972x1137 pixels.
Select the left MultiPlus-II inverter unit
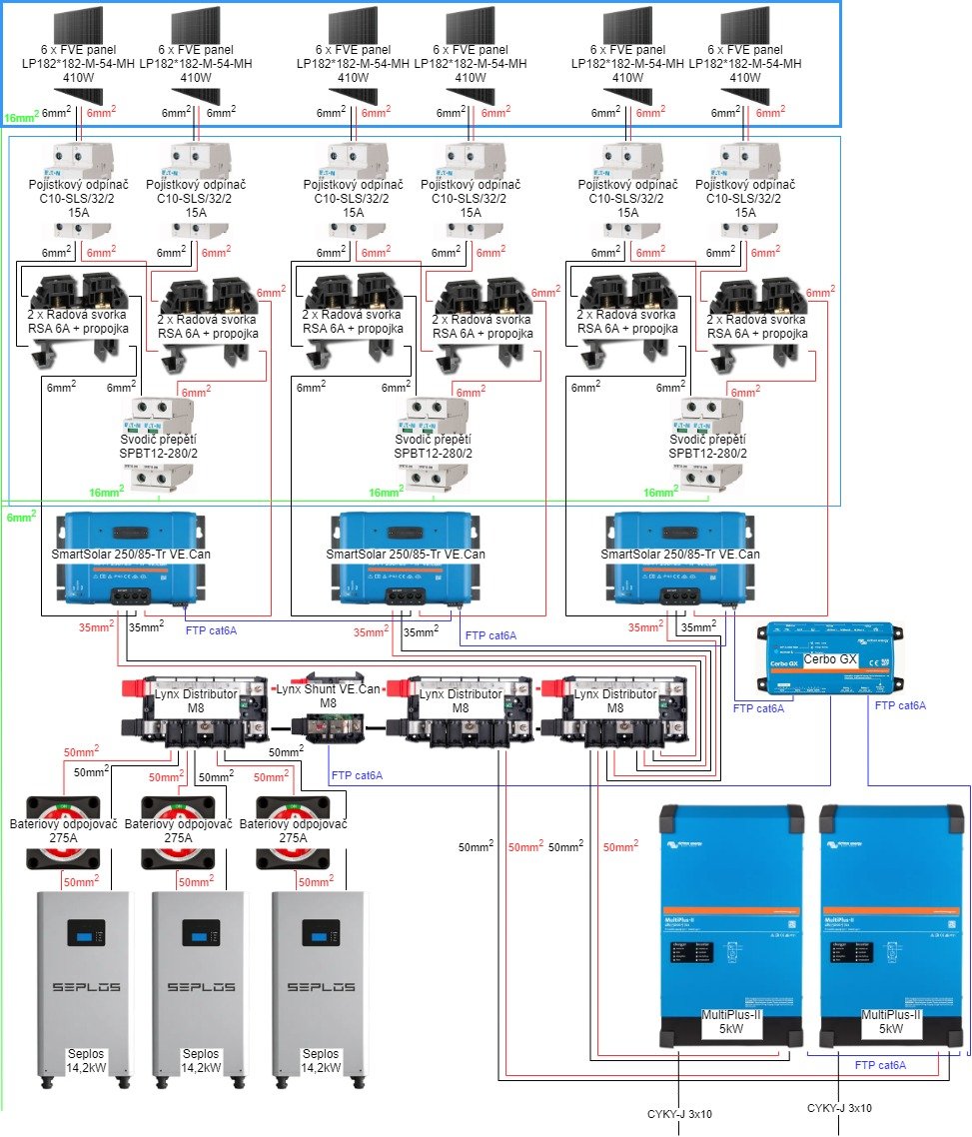tap(729, 924)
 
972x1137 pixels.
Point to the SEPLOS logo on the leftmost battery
tap(87, 987)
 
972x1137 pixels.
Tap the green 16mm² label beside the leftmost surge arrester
tap(105, 492)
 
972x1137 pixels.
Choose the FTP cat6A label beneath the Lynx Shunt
tap(357, 774)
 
